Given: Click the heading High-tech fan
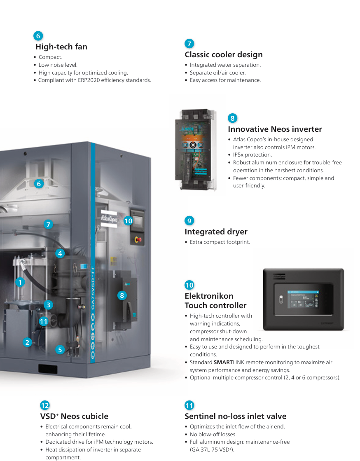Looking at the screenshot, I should (x=61, y=47).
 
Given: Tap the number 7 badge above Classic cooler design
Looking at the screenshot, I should (x=189, y=44).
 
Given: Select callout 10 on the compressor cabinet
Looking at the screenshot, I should (x=128, y=221).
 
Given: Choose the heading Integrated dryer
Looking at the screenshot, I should (x=216, y=232).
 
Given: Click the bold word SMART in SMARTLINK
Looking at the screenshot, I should (x=223, y=362).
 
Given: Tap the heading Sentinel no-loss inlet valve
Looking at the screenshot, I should (x=235, y=416).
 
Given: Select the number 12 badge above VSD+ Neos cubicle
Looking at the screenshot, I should (x=45, y=405).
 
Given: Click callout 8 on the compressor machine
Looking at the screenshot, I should (x=122, y=295).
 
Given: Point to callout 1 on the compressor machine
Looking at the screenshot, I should (x=20, y=282).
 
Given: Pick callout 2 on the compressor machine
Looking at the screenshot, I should (x=27, y=342).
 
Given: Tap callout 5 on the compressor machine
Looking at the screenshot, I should (x=60, y=350).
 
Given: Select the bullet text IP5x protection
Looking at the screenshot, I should (x=252, y=155).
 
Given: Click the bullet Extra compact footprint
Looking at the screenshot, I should (x=220, y=242).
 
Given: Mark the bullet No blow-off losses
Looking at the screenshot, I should (x=213, y=434).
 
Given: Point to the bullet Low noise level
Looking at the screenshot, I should (x=58, y=65).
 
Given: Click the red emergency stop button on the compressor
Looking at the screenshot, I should (x=138, y=239).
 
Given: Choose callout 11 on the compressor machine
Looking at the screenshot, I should (x=44, y=321).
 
